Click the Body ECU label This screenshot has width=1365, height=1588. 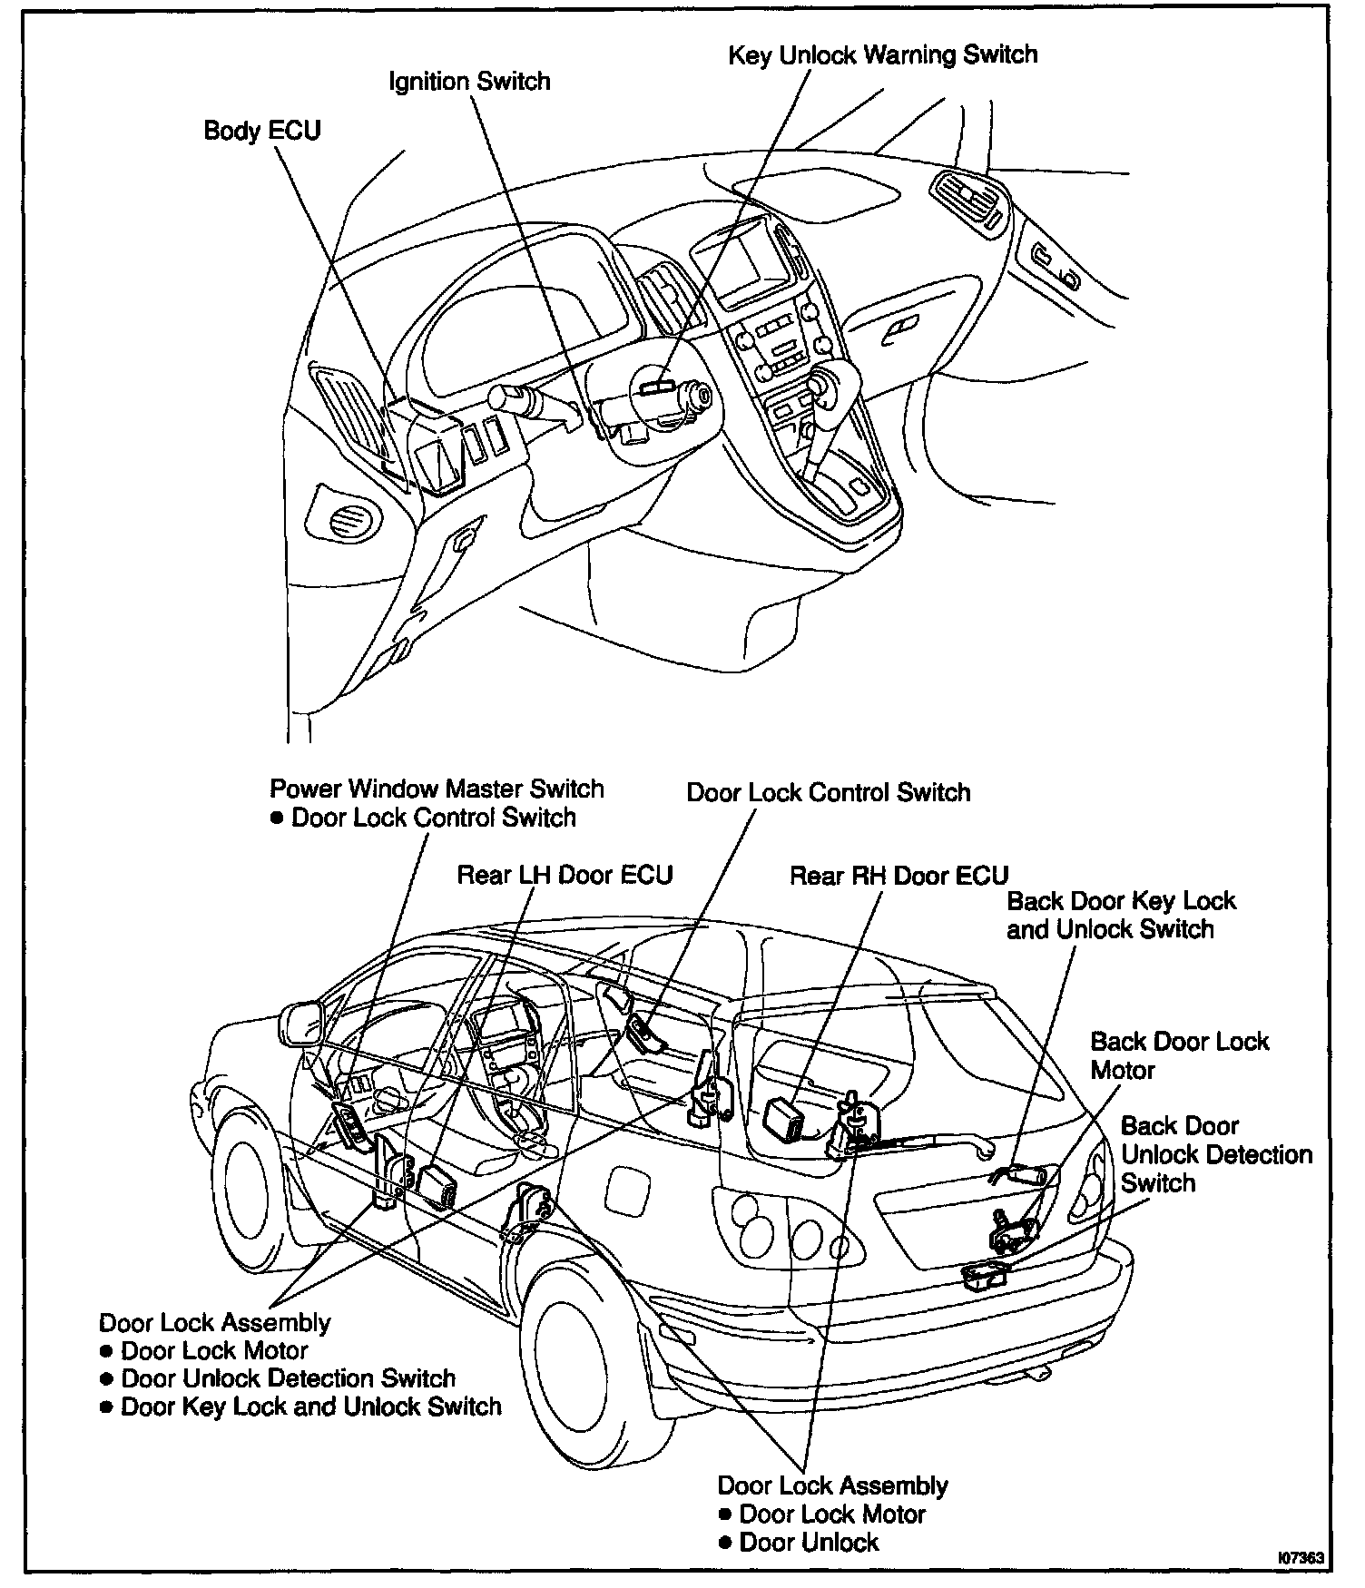[261, 131]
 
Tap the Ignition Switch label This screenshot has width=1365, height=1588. [469, 82]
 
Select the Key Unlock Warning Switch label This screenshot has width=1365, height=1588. [882, 55]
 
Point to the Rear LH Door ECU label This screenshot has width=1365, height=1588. [565, 875]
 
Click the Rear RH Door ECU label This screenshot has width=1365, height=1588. [899, 876]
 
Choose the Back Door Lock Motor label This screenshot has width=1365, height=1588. [1178, 1055]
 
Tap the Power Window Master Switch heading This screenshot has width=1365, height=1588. [437, 789]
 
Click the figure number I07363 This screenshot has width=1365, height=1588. [1301, 1559]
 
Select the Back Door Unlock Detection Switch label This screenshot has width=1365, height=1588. [1215, 1154]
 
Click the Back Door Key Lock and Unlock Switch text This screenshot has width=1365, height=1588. [1121, 916]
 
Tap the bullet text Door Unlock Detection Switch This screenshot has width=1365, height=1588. [288, 1378]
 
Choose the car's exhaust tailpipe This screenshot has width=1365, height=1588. [1036, 1375]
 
